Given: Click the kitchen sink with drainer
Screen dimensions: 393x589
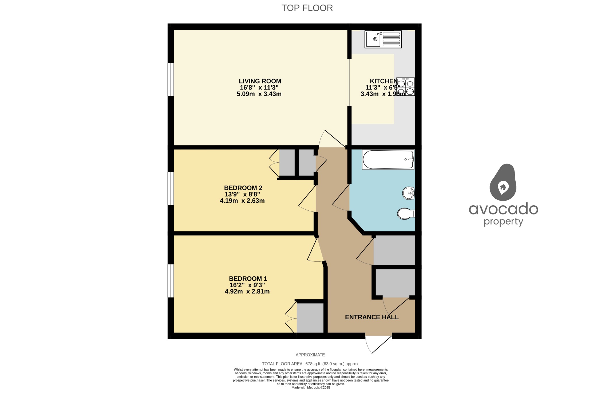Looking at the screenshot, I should tap(383, 39).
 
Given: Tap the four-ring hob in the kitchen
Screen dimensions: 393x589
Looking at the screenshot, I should tap(406, 87).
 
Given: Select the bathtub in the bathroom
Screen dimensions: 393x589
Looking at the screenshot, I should tap(388, 160).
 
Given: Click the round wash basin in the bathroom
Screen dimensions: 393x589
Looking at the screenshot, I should tap(408, 193).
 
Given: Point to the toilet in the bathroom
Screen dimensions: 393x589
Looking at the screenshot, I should tap(406, 214).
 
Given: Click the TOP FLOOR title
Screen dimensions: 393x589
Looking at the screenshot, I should tap(307, 8).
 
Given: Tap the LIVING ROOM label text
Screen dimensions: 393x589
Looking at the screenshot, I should tap(260, 81).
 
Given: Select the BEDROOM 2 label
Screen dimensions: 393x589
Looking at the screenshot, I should tap(243, 188).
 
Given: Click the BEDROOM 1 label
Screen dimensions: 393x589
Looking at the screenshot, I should tap(248, 279).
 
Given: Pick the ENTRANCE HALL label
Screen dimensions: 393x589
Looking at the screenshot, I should tap(372, 317).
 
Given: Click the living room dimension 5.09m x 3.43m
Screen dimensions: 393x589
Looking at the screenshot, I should tap(259, 94).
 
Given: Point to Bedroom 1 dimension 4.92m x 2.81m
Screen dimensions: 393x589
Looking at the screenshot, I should tap(247, 292).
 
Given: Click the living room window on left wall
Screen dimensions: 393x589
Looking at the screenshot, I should tap(171, 79).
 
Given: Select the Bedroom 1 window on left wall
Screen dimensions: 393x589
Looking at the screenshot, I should tap(171, 281).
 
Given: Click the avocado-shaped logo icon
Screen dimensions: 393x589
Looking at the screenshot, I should tap(503, 183).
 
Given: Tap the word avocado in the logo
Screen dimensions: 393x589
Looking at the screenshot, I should tap(503, 209).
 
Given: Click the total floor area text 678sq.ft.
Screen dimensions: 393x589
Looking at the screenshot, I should tap(311, 364).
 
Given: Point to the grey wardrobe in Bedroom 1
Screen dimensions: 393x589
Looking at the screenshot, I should tap(310, 318).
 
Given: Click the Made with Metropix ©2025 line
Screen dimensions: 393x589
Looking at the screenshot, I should tap(311, 388).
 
